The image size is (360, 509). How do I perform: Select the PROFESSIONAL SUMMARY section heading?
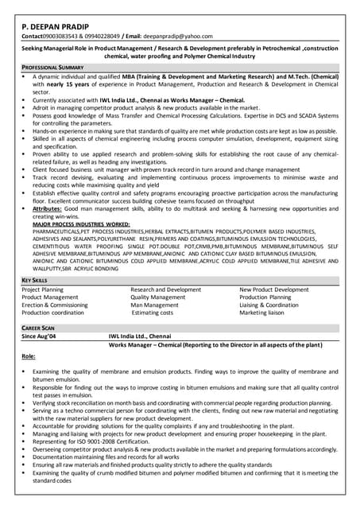tap(52, 68)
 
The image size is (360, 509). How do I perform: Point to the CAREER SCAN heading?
tap(38, 328)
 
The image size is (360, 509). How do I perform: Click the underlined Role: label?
tap(29, 357)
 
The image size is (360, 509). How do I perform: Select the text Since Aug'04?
tap(41, 336)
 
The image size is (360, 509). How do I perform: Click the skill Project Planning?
tap(43, 290)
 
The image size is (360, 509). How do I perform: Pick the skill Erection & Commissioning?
tap(55, 305)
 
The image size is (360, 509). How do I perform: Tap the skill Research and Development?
tap(165, 290)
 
